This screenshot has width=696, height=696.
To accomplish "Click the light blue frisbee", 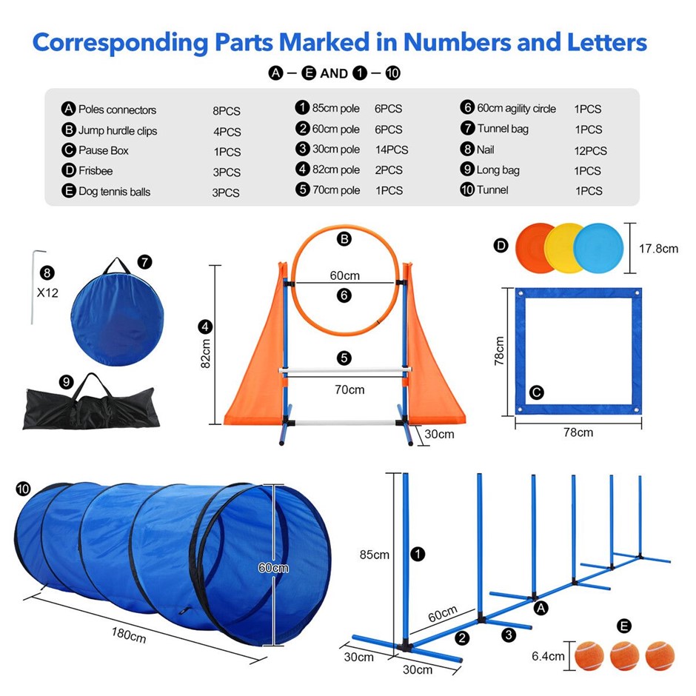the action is [599, 249].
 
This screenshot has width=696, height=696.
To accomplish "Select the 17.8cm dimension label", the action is [658, 249].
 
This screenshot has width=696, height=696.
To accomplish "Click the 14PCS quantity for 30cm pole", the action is [392, 150].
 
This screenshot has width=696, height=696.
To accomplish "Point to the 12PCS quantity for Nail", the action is [590, 150].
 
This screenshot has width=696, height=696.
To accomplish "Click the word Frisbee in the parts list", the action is [96, 171].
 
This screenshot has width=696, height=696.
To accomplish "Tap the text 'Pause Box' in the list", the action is [104, 150].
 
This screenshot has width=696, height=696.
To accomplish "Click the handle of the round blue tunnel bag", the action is [116, 265].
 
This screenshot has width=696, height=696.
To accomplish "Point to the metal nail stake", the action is [34, 287].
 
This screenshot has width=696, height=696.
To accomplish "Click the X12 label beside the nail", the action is [47, 293].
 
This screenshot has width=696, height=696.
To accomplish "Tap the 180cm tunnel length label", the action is [129, 635].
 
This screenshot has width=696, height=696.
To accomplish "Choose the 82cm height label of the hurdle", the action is [206, 354].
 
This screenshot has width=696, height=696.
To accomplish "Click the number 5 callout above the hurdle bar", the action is [344, 358].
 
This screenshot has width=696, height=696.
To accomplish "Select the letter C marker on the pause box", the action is [537, 392].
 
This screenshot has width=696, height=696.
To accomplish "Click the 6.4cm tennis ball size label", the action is [548, 656].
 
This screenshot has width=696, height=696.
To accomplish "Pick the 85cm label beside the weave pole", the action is [374, 555].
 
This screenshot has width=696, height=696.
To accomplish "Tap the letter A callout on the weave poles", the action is [541, 608].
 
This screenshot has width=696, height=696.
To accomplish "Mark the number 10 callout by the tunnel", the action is [23, 489].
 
